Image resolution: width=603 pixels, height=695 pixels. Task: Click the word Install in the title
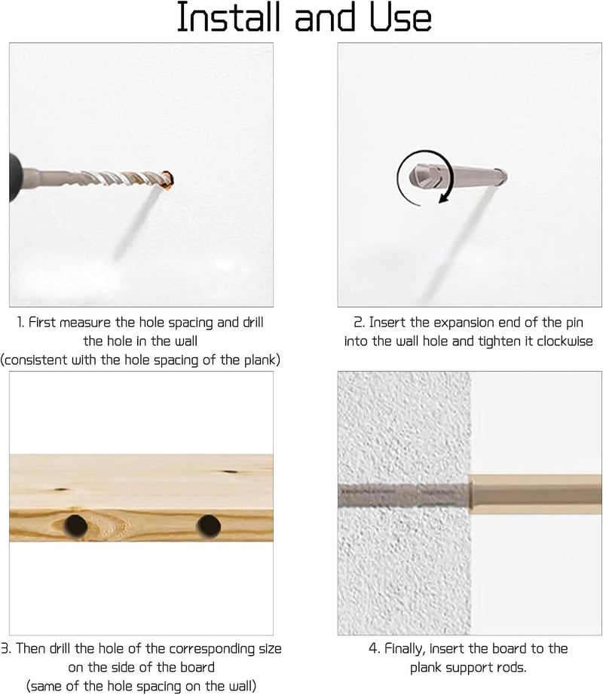(229, 17)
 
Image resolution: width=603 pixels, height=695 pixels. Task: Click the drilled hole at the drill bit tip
(168, 180)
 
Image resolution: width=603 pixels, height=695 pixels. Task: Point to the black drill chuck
(16, 177)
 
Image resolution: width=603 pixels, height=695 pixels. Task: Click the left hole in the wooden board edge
(76, 526)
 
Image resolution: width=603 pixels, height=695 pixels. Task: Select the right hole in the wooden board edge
(209, 526)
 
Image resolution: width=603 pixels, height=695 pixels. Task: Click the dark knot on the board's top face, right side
(231, 472)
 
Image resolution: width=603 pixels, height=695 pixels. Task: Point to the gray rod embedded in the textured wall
(403, 494)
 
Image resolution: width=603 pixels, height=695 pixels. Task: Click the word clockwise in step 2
(565, 341)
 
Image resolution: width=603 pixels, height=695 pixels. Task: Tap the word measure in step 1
(85, 322)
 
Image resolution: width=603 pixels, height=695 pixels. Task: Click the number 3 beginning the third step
(5, 649)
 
